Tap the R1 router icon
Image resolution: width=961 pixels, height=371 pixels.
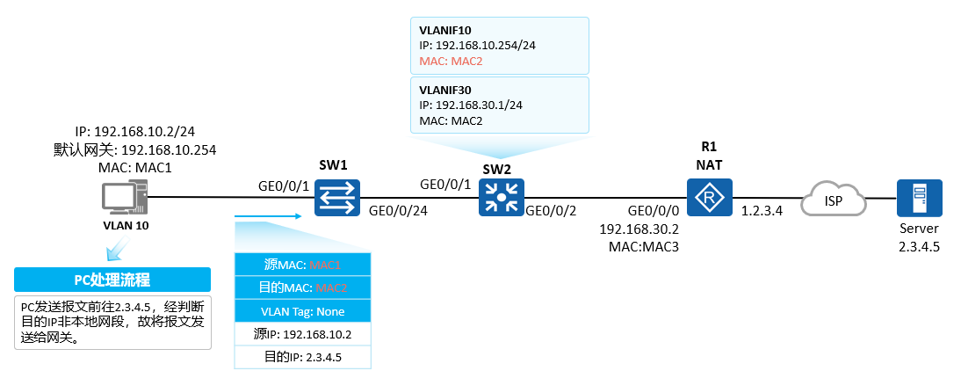coord(709,198)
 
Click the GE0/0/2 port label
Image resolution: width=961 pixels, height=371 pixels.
coord(551,211)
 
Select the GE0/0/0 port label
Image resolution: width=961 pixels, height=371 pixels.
coord(654,212)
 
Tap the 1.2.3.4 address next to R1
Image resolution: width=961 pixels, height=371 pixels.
coord(762,212)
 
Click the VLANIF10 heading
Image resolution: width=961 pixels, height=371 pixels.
coord(445,30)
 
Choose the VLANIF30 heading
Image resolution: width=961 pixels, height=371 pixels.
coord(445,89)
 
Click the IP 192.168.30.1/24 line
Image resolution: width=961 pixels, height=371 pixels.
coord(471,105)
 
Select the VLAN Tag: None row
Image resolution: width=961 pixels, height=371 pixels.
coord(302,311)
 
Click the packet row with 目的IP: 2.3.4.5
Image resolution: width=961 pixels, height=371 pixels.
coord(302,357)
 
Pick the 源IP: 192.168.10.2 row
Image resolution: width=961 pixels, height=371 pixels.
coord(302,334)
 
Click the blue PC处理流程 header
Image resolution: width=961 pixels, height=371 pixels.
coord(112,280)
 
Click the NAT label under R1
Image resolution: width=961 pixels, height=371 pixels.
coord(709,164)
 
